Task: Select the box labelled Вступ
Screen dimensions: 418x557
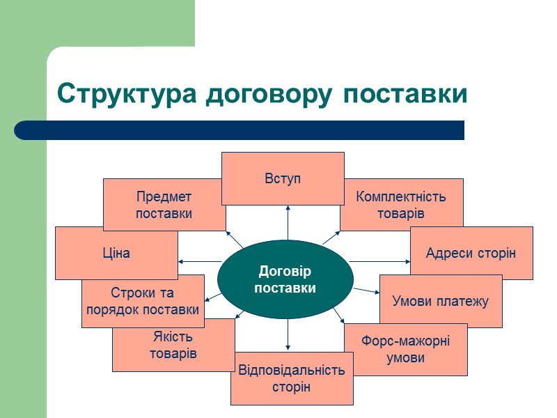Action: (x=283, y=178)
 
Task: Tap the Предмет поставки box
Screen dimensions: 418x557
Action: (x=164, y=205)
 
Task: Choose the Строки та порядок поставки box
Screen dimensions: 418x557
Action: (x=143, y=301)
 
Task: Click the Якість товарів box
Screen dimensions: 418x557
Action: (x=173, y=346)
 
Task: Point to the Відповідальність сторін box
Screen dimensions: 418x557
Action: (x=292, y=379)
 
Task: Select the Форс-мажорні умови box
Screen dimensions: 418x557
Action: (x=406, y=350)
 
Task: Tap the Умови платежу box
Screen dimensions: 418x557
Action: (x=441, y=301)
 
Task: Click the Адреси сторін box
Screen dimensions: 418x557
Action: (x=471, y=253)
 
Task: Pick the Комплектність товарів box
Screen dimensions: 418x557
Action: (x=401, y=205)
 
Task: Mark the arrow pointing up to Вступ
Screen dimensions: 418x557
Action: (x=287, y=223)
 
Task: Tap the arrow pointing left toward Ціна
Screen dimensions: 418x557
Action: (x=198, y=261)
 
